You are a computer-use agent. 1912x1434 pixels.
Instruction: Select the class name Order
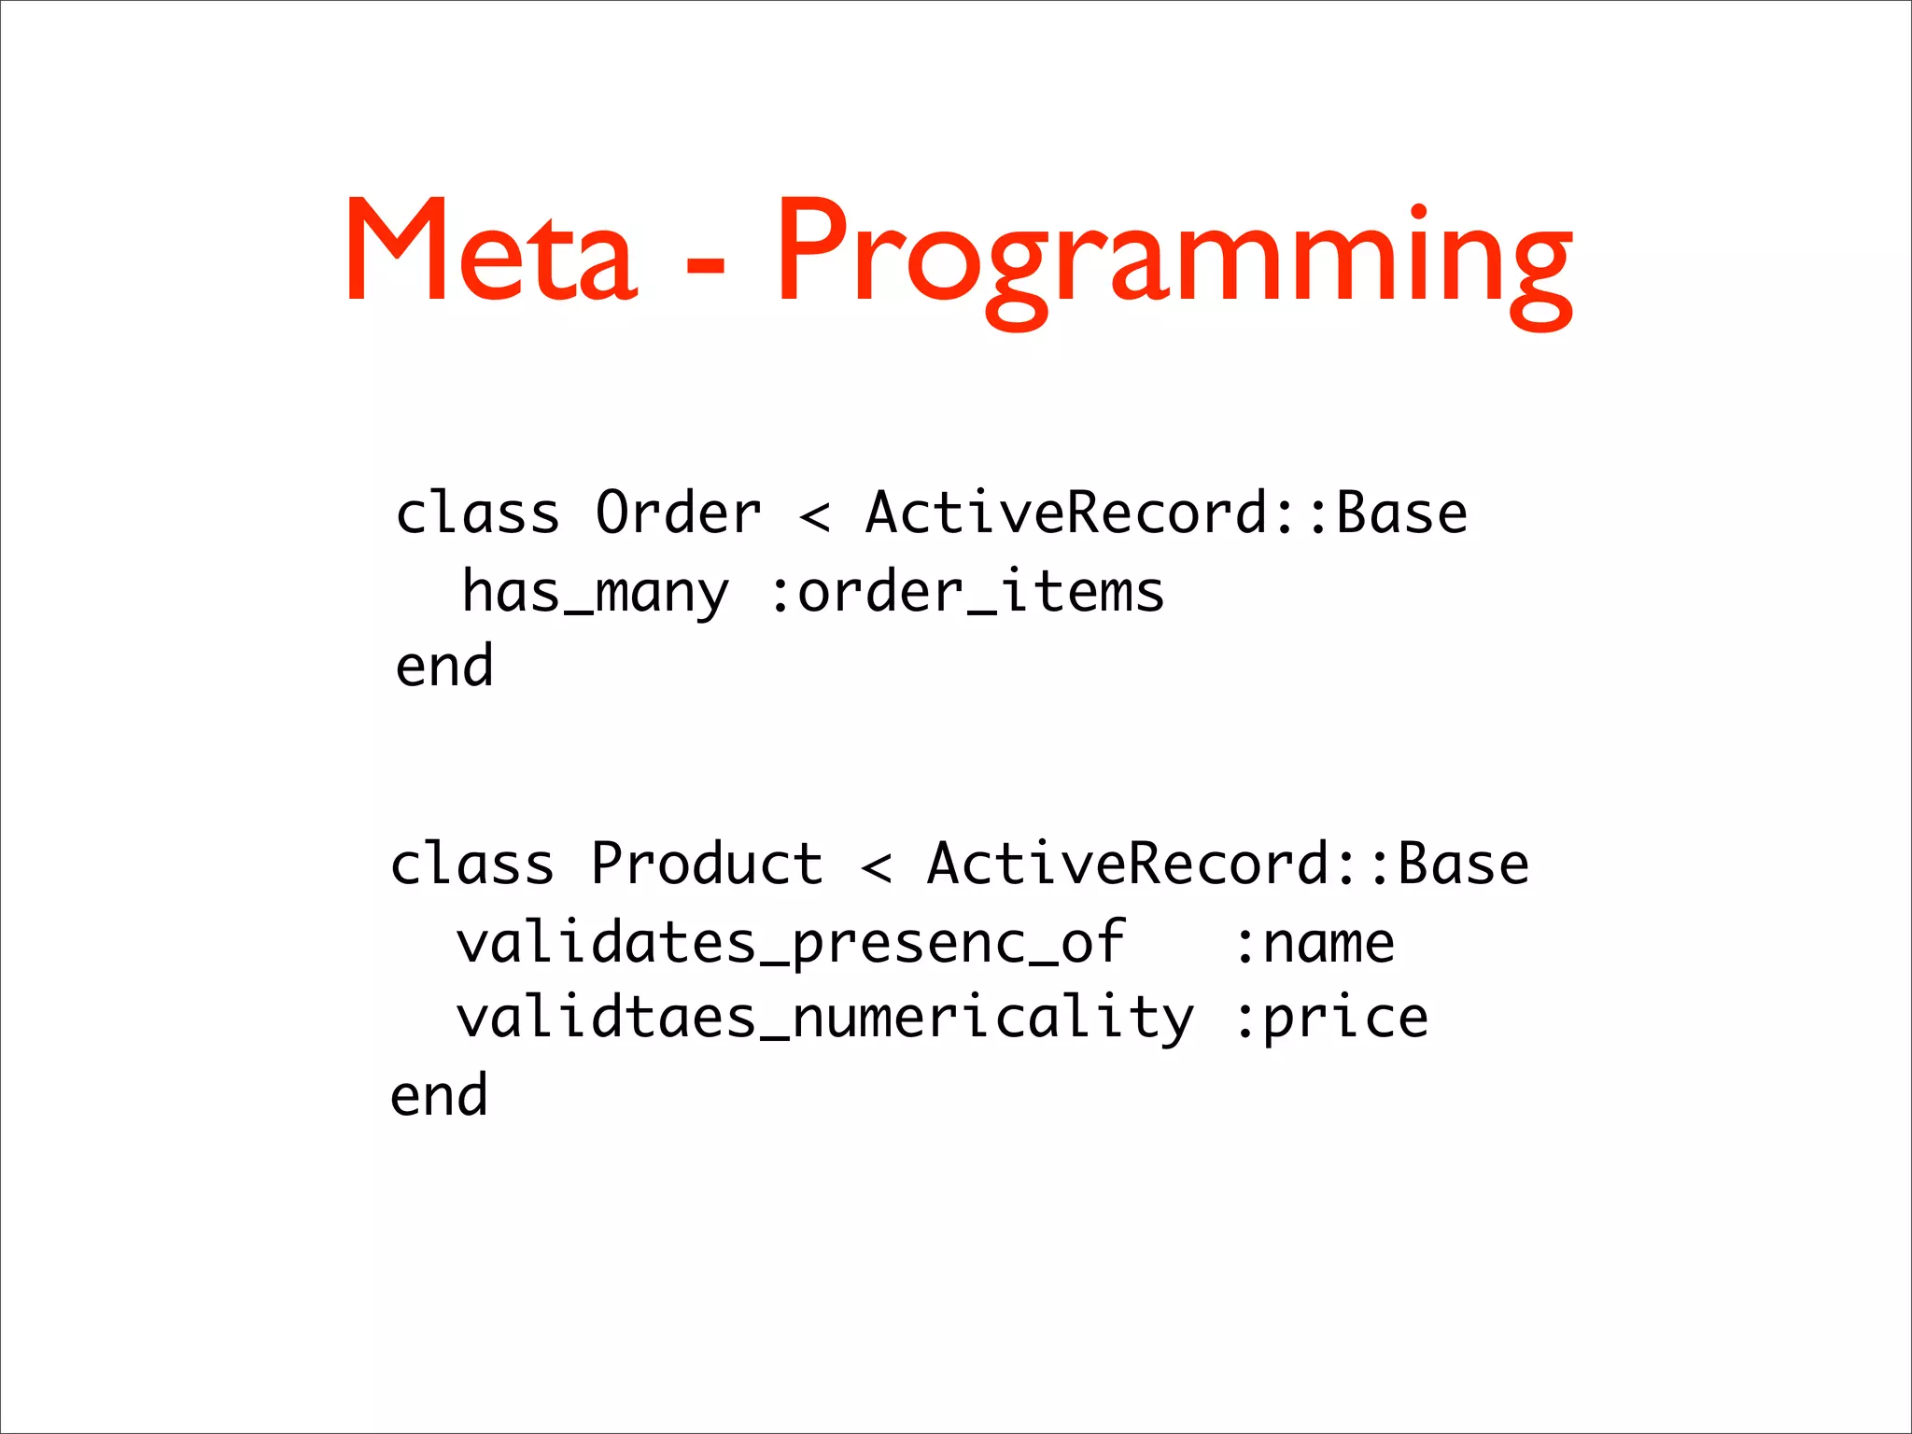coord(679,513)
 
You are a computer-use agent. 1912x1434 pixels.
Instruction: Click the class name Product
coord(707,864)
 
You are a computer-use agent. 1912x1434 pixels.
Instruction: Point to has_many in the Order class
coord(596,594)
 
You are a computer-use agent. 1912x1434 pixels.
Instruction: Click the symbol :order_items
coord(967,594)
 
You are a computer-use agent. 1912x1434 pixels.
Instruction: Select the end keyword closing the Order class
coord(444,667)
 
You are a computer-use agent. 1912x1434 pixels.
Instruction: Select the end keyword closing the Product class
coord(439,1096)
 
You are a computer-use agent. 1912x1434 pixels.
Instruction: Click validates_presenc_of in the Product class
coord(791,943)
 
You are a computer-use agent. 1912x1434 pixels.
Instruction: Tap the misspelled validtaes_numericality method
coord(824,1019)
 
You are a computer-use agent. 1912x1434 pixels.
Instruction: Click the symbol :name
coord(1314,943)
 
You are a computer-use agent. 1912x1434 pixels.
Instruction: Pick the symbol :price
coord(1331,1019)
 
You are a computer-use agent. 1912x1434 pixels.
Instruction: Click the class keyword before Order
coord(477,513)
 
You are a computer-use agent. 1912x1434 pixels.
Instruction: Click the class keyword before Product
coord(472,864)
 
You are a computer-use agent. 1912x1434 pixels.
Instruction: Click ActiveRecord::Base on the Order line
coord(1166,513)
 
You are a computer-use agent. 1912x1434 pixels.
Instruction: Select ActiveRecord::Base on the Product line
coord(1228,864)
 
